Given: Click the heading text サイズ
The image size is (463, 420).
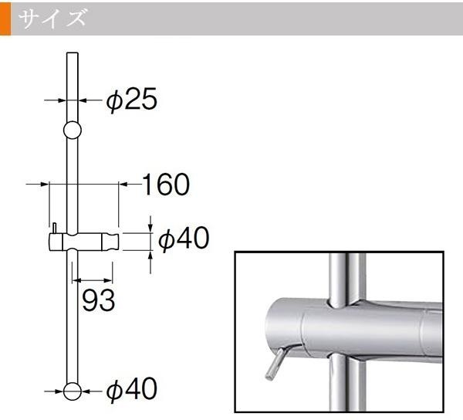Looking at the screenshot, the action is [52, 18].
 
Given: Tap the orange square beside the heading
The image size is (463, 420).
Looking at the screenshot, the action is [5, 19].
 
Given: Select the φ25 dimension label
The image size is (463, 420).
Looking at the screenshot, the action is [131, 100].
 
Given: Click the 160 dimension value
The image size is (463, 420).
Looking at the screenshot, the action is [166, 185].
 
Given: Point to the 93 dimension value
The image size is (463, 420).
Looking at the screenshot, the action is [98, 300].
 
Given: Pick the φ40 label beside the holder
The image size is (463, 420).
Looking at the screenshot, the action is [184, 238].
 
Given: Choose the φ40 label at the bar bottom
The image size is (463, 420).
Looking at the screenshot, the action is [131, 389].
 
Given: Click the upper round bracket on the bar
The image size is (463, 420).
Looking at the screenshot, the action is [73, 130].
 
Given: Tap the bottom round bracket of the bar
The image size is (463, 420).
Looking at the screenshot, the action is [73, 391].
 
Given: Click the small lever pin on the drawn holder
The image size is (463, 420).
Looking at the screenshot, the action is [54, 228].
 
